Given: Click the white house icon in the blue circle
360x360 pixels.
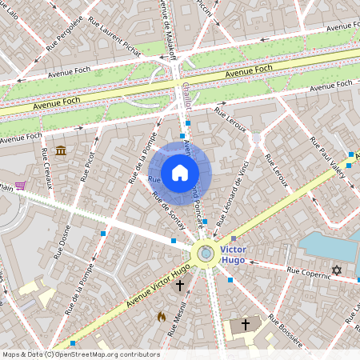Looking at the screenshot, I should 180,173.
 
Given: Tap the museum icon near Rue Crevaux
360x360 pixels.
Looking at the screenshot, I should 61,151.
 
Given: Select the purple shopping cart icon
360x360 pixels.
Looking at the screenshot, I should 20,186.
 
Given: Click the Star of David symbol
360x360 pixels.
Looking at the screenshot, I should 337,270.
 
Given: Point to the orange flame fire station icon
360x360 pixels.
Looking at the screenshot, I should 162,317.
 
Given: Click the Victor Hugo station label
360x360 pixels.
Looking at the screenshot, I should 234,254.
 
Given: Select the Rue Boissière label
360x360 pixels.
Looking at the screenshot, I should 284,331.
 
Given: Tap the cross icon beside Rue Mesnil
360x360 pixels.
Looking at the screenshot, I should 180,285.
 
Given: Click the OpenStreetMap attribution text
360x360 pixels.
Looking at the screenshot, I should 80,354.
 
